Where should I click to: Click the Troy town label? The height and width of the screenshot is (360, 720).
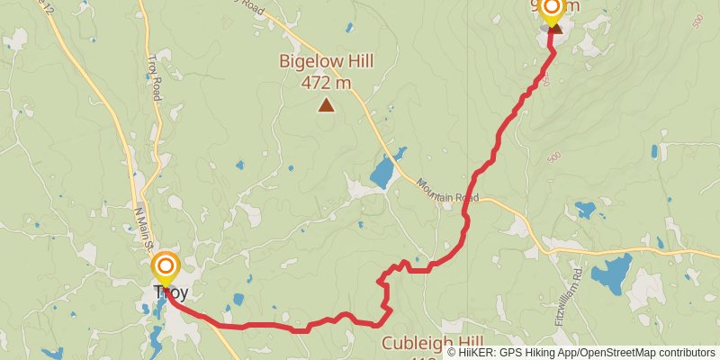(165, 292)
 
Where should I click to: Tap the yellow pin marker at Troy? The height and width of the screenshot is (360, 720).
(165, 267)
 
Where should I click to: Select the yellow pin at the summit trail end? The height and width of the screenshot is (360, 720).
(551, 10)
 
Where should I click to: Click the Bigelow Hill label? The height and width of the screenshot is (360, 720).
(326, 62)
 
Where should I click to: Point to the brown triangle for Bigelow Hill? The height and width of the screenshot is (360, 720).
(326, 106)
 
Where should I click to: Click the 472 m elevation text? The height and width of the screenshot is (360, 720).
(326, 83)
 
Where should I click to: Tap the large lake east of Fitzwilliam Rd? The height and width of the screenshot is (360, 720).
(614, 273)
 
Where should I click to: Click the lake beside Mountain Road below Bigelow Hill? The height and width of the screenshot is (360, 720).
(383, 170)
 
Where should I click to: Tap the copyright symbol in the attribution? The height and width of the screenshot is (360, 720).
(453, 353)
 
